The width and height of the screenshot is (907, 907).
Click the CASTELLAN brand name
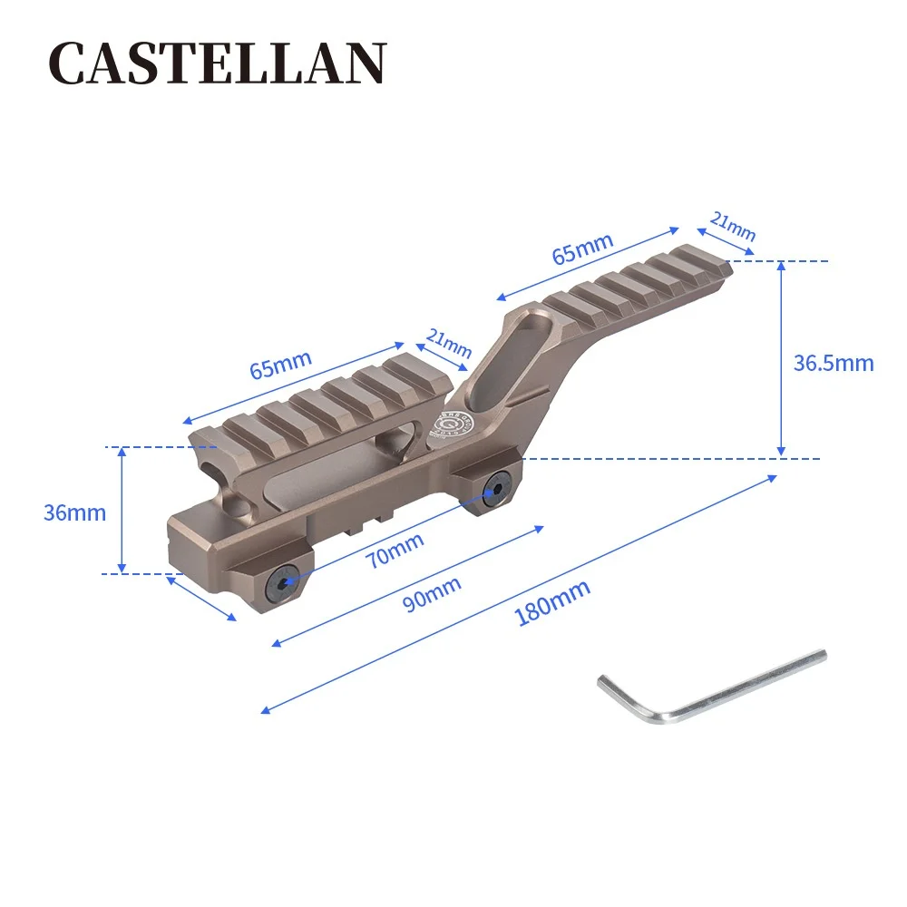pyautogui.click(x=217, y=64)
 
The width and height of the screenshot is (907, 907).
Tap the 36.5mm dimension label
pyautogui.click(x=833, y=364)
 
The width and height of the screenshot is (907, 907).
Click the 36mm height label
pyautogui.click(x=74, y=512)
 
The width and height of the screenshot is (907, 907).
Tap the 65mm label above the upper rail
pyautogui.click(x=582, y=248)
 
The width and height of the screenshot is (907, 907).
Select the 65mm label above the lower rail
pyautogui.click(x=280, y=364)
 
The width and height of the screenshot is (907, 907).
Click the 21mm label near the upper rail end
pyautogui.click(x=733, y=226)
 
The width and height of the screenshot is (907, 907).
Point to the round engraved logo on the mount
pyautogui.click(x=449, y=424)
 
